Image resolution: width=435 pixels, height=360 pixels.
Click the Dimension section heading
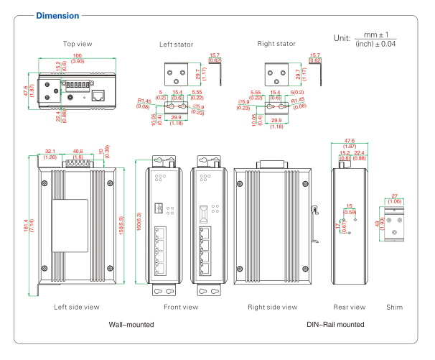[60, 15]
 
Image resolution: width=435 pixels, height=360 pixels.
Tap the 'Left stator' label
[177, 45]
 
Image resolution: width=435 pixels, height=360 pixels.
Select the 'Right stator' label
[276, 44]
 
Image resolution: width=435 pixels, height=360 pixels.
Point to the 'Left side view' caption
[77, 307]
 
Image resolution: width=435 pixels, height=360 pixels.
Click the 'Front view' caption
[180, 307]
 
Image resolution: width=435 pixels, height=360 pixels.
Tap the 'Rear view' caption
[350, 307]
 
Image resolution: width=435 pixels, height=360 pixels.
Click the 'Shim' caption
[394, 307]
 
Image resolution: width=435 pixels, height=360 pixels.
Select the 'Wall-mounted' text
[131, 325]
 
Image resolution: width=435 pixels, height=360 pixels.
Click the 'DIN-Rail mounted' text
[335, 325]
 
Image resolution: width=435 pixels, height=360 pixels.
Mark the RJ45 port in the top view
[98, 94]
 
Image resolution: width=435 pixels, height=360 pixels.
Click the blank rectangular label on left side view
[70, 223]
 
